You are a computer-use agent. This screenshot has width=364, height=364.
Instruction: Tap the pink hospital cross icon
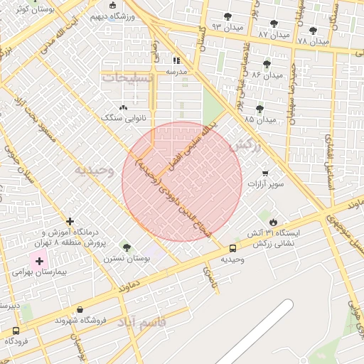39,262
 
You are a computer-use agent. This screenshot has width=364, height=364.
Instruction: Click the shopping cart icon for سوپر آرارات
265,173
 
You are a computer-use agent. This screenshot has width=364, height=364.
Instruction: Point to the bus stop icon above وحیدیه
232,248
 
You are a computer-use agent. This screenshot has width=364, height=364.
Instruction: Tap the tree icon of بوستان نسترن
127,247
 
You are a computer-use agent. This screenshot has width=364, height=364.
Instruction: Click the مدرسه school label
176,72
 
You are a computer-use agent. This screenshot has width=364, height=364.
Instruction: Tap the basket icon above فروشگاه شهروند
80,310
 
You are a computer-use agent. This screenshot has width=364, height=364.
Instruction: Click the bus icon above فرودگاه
16,331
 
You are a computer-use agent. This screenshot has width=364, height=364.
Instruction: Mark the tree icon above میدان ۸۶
267,64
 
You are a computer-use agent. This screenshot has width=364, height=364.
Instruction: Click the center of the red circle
182,181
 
